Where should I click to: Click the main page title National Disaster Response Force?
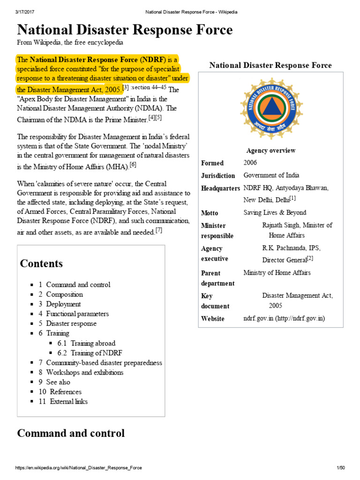pyautogui.click(x=125, y=30)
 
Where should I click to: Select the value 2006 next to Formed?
pyautogui.click(x=250, y=163)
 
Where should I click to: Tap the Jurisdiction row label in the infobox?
pyautogui.click(x=218, y=176)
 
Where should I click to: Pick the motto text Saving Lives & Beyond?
pyautogui.click(x=275, y=213)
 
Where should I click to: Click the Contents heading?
pyautogui.click(x=41, y=263)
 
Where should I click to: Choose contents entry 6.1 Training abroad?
pyautogui.click(x=86, y=343)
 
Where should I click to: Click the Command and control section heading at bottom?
pyautogui.click(x=71, y=433)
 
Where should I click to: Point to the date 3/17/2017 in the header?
pyautogui.click(x=25, y=12)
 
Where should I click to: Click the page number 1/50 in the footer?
pyautogui.click(x=340, y=468)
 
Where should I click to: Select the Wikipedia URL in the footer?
pyautogui.click(x=79, y=468)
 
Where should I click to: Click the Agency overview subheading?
pyautogui.click(x=271, y=150)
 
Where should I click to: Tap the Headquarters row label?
pyautogui.click(x=220, y=188)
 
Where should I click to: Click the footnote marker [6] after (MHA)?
pyautogui.click(x=133, y=165)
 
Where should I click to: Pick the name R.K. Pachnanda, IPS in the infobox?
pyautogui.click(x=291, y=248)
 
